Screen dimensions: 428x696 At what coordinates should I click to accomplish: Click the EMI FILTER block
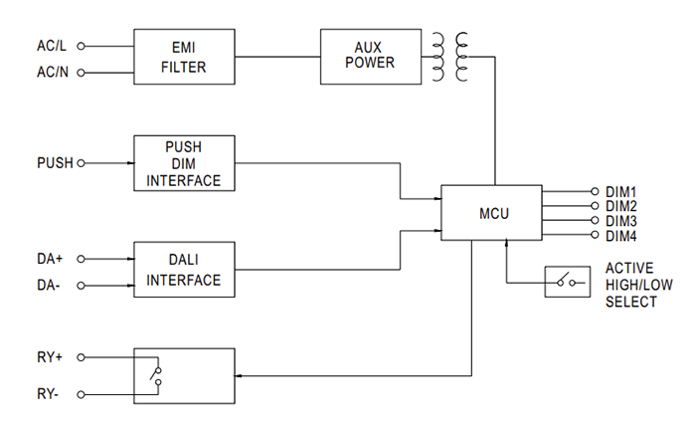[x=184, y=58]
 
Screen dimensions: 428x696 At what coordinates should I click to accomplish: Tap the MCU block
[x=492, y=212]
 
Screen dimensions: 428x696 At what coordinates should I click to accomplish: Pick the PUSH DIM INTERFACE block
[x=184, y=162]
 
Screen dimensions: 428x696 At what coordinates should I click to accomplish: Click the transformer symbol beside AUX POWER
[x=450, y=56]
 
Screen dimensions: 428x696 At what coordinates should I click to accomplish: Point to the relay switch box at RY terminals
[x=184, y=375]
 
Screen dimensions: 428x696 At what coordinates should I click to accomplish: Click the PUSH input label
[x=54, y=162]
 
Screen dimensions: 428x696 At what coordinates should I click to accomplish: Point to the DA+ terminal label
[x=50, y=258]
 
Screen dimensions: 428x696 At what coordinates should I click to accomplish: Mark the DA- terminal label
[x=49, y=285]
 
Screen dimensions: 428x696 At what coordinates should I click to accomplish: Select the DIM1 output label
[x=620, y=191]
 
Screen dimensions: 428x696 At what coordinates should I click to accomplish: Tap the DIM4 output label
[x=620, y=235]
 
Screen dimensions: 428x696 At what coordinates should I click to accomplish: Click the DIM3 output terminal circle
[x=596, y=220]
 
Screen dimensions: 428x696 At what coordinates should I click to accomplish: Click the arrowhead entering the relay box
[x=240, y=375]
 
